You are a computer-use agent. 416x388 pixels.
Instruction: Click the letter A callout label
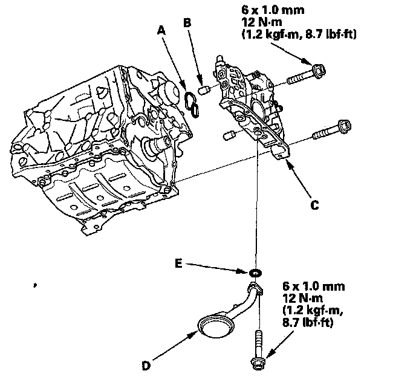point(162,30)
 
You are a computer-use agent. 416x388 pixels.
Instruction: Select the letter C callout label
point(314,205)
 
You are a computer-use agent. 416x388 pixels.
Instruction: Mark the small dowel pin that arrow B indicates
point(204,91)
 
